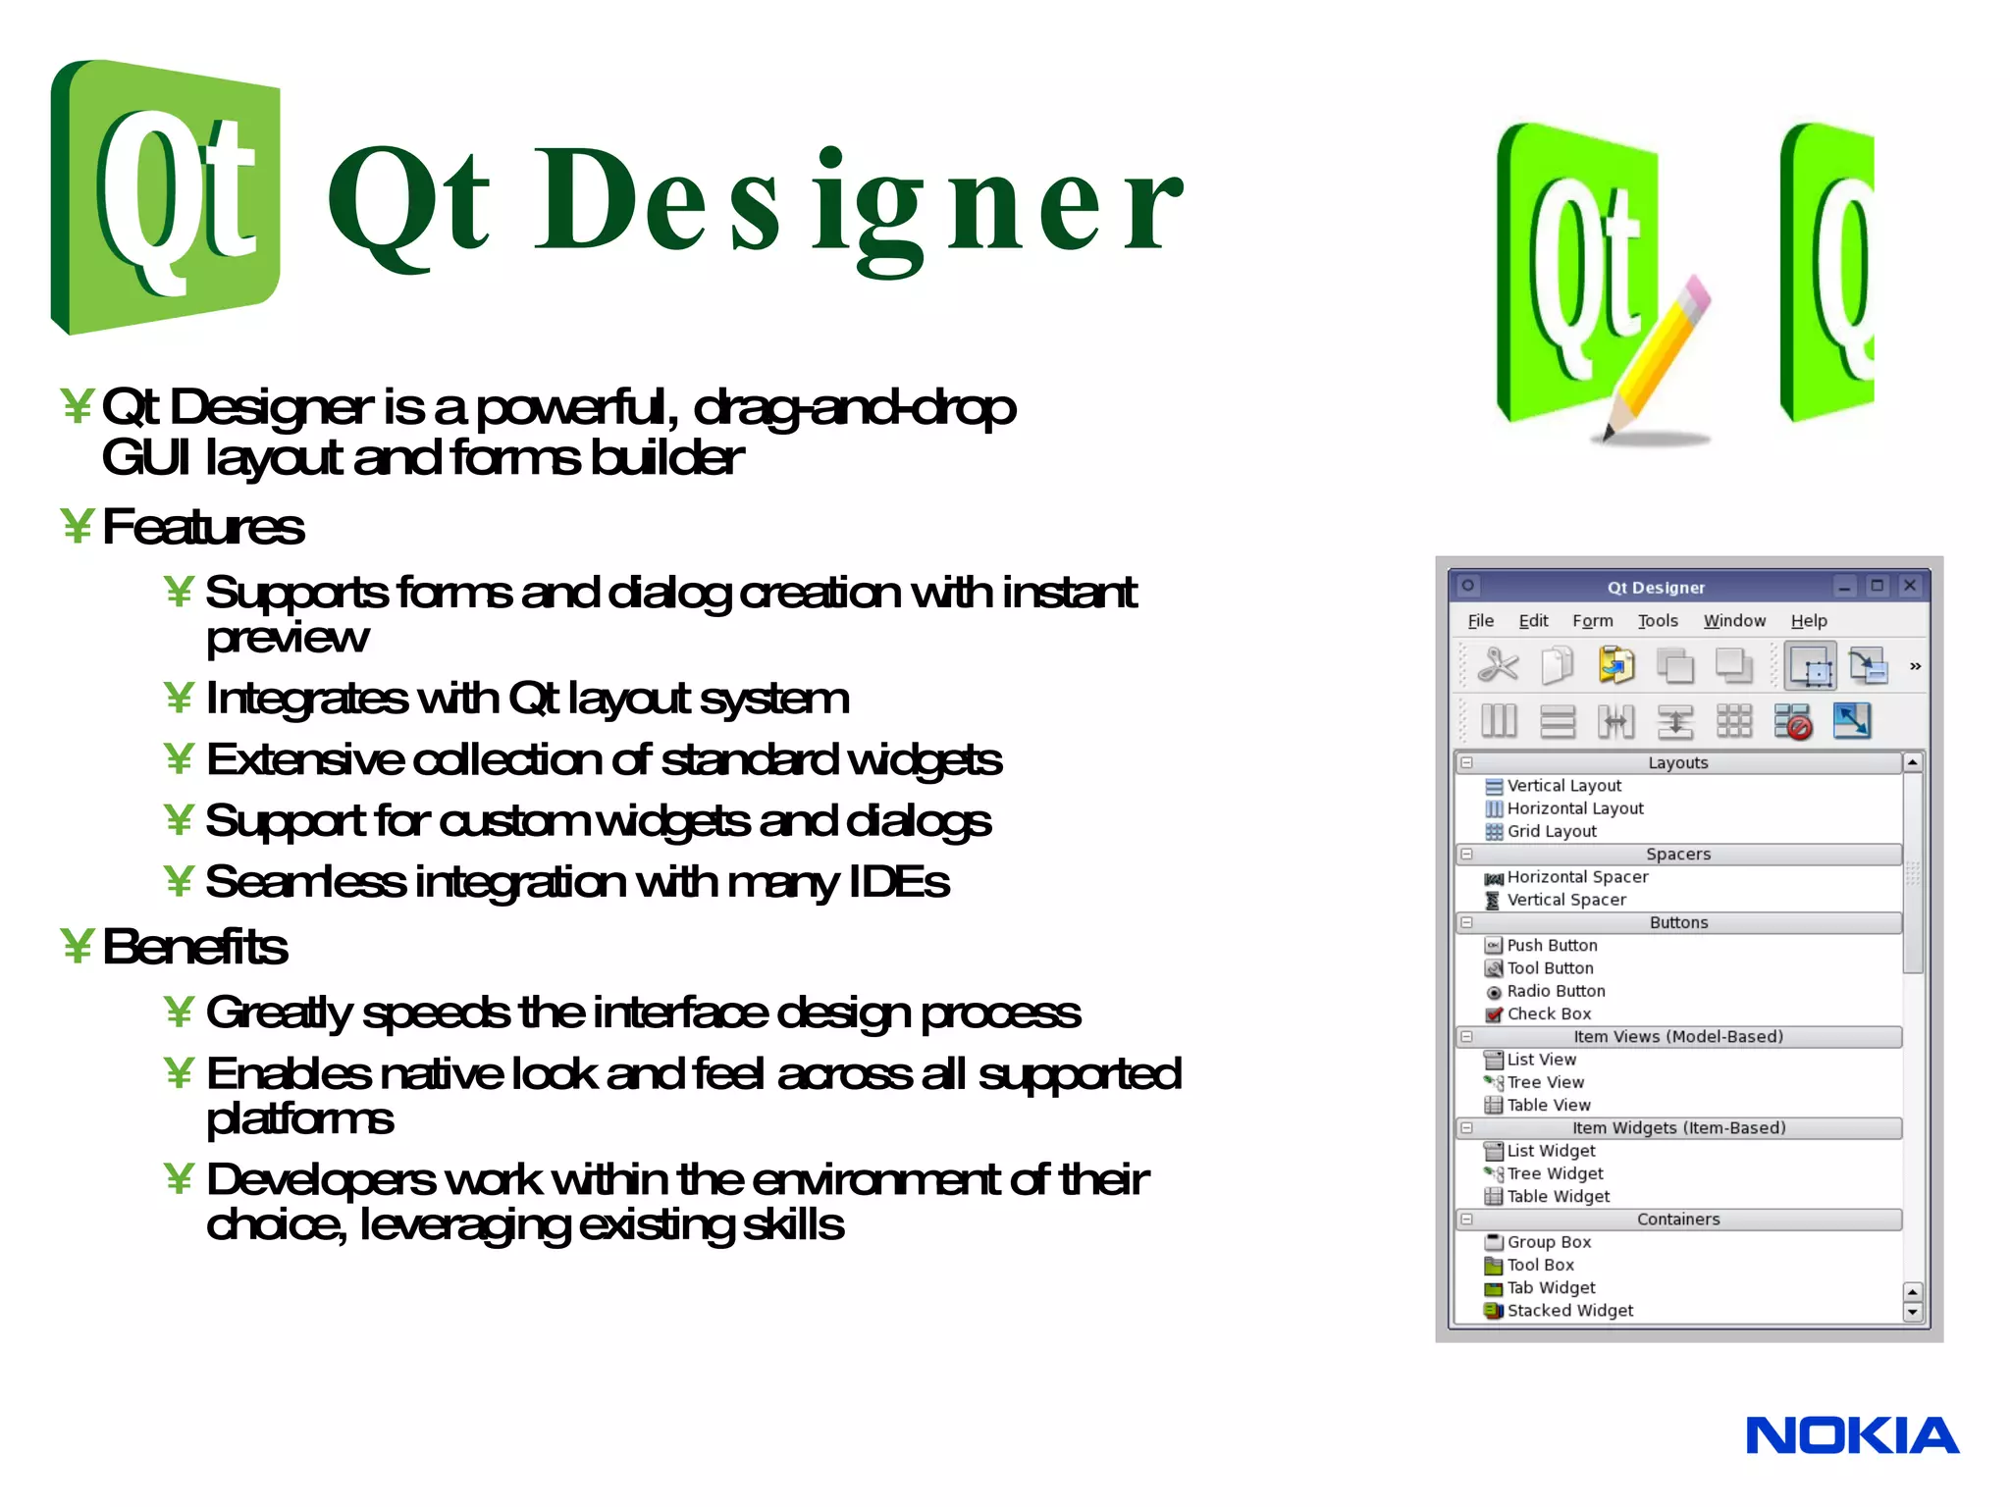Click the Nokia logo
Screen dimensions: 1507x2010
point(1851,1435)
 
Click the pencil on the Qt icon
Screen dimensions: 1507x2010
point(1658,358)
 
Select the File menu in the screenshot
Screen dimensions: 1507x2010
point(1480,621)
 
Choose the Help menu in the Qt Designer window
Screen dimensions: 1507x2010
point(1808,621)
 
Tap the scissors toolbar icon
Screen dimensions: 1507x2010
point(1498,666)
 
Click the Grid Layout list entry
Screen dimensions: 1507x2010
point(1551,831)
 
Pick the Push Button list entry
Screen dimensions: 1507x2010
point(1551,945)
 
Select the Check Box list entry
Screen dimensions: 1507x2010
point(1548,1013)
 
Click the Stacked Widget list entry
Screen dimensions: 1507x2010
point(1568,1310)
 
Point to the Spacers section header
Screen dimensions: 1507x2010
point(1677,854)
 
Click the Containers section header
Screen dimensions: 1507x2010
point(1677,1219)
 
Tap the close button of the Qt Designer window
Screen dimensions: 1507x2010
point(1909,586)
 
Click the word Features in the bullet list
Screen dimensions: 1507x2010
point(203,527)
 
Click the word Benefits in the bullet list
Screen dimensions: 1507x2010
point(194,947)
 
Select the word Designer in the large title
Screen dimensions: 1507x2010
point(859,201)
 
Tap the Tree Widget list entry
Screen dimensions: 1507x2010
point(1554,1173)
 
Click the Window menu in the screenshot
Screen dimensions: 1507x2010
point(1733,621)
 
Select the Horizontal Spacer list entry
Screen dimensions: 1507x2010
point(1576,877)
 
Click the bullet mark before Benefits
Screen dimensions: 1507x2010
point(77,947)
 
